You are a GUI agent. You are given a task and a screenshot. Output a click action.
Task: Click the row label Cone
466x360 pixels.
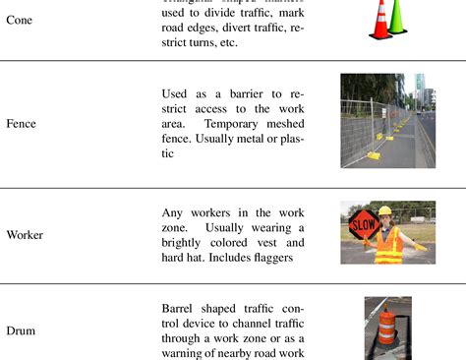(19, 19)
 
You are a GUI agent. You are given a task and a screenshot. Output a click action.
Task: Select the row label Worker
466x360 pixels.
(26, 235)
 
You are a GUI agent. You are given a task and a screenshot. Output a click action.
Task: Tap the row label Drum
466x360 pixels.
(22, 331)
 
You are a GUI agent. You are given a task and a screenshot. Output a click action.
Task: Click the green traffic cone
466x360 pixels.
(397, 17)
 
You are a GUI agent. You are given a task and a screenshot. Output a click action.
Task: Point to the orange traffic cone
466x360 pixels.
(379, 22)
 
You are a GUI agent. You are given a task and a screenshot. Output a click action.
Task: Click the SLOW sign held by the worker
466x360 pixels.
(362, 224)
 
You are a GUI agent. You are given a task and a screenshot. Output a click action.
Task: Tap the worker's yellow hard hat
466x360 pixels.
(386, 210)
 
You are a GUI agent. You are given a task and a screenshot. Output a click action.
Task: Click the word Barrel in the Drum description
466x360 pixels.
(181, 307)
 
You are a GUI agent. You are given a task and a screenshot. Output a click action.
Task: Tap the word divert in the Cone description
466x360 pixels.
(215, 28)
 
